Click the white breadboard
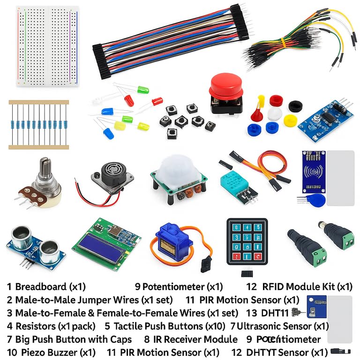(47, 47)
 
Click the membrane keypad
(244, 241)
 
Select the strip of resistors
(38, 124)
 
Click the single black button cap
(295, 106)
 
